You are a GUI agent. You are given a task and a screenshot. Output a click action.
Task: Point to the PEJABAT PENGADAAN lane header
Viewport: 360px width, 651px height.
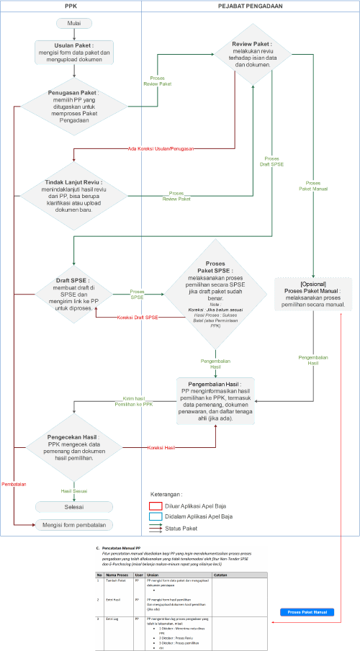click(x=250, y=5)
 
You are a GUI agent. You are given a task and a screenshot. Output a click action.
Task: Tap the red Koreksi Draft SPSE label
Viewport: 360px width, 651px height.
click(x=138, y=318)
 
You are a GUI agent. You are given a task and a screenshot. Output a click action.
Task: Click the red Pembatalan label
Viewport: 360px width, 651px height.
click(x=14, y=484)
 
